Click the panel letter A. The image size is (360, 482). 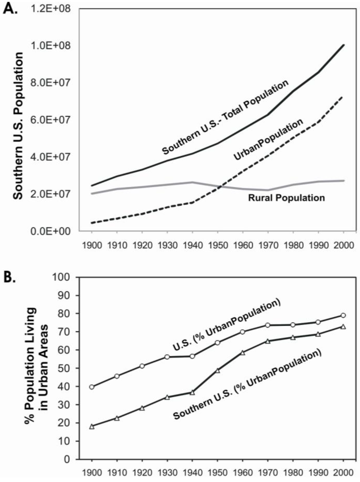(9, 8)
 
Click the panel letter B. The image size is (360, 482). (9, 277)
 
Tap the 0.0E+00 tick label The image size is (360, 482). (51, 231)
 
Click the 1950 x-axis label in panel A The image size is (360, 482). (218, 245)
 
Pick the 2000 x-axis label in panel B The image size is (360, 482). (343, 472)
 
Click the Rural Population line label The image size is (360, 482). (287, 198)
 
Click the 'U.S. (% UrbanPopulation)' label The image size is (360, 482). (226, 325)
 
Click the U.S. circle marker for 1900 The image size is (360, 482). (92, 387)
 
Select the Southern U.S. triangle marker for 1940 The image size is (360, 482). (192, 392)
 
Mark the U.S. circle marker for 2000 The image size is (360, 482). (343, 315)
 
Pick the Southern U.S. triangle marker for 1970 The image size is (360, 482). (268, 341)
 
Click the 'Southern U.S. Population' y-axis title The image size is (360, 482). (18, 126)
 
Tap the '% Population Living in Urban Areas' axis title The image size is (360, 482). (37, 366)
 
